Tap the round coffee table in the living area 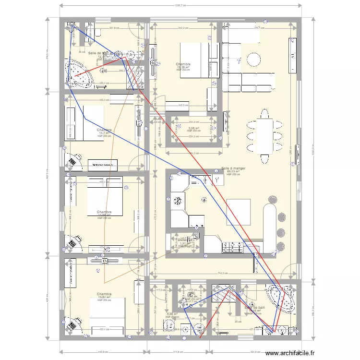[x=253, y=59]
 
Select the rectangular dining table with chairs [x=264, y=132]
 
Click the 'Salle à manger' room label [x=233, y=168]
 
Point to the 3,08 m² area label [x=193, y=128]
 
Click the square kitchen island [x=239, y=212]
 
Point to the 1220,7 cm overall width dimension [x=180, y=6]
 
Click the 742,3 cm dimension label [x=221, y=273]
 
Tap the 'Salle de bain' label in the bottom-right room [x=254, y=307]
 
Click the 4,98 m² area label [x=171, y=314]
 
